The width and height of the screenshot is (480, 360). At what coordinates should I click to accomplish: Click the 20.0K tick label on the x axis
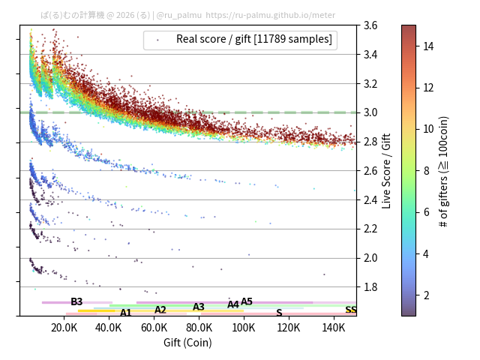coord(64,328)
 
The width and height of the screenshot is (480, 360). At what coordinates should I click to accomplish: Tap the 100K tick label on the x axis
coord(244,328)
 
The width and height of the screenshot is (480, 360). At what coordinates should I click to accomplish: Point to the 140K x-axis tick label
coord(333,328)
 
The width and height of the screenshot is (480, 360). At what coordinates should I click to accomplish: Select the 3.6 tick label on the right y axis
coord(370,25)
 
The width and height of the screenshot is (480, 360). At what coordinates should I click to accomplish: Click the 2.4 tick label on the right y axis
coord(370,199)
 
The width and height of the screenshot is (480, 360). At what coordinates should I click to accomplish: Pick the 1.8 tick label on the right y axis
coord(370,287)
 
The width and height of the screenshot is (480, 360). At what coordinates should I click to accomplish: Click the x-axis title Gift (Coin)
coord(187,342)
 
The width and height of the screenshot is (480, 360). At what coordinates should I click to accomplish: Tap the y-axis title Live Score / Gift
coord(387,170)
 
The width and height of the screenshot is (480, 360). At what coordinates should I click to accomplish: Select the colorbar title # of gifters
coord(444,171)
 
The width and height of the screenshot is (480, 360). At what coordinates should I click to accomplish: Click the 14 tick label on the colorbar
coord(429,46)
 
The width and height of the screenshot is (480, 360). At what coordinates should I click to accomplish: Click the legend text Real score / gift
coord(253,39)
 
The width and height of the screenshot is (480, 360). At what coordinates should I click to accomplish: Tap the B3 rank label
coord(76,301)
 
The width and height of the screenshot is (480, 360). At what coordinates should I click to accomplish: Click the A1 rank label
coord(126,313)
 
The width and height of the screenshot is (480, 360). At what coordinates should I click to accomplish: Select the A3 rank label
coord(199,307)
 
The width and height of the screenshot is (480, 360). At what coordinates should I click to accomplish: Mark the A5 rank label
coord(247,301)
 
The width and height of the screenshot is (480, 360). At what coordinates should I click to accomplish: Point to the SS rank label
coord(351,310)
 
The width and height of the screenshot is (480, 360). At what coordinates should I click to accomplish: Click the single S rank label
coord(279,313)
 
